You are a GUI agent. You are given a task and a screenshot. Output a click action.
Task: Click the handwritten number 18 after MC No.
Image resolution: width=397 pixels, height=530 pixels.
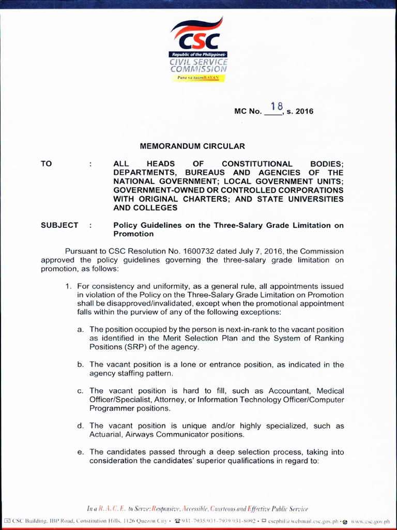coord(274,107)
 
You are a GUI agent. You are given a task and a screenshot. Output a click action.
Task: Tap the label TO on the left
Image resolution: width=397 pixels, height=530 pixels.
coord(47,164)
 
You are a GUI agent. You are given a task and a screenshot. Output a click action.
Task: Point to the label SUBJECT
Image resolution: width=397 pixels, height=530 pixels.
coord(59,225)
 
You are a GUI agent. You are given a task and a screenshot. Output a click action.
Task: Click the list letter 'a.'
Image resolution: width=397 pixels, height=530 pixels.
coord(81,329)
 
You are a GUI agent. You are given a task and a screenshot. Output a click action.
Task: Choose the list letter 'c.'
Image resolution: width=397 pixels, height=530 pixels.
coord(81,391)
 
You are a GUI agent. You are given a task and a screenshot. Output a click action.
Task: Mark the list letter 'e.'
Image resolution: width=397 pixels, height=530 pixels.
coord(81,452)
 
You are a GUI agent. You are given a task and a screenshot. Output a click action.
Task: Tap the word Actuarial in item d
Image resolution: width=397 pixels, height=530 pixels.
coord(106,434)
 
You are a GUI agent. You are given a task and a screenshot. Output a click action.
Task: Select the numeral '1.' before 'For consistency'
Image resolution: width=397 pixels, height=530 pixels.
coord(68,286)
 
